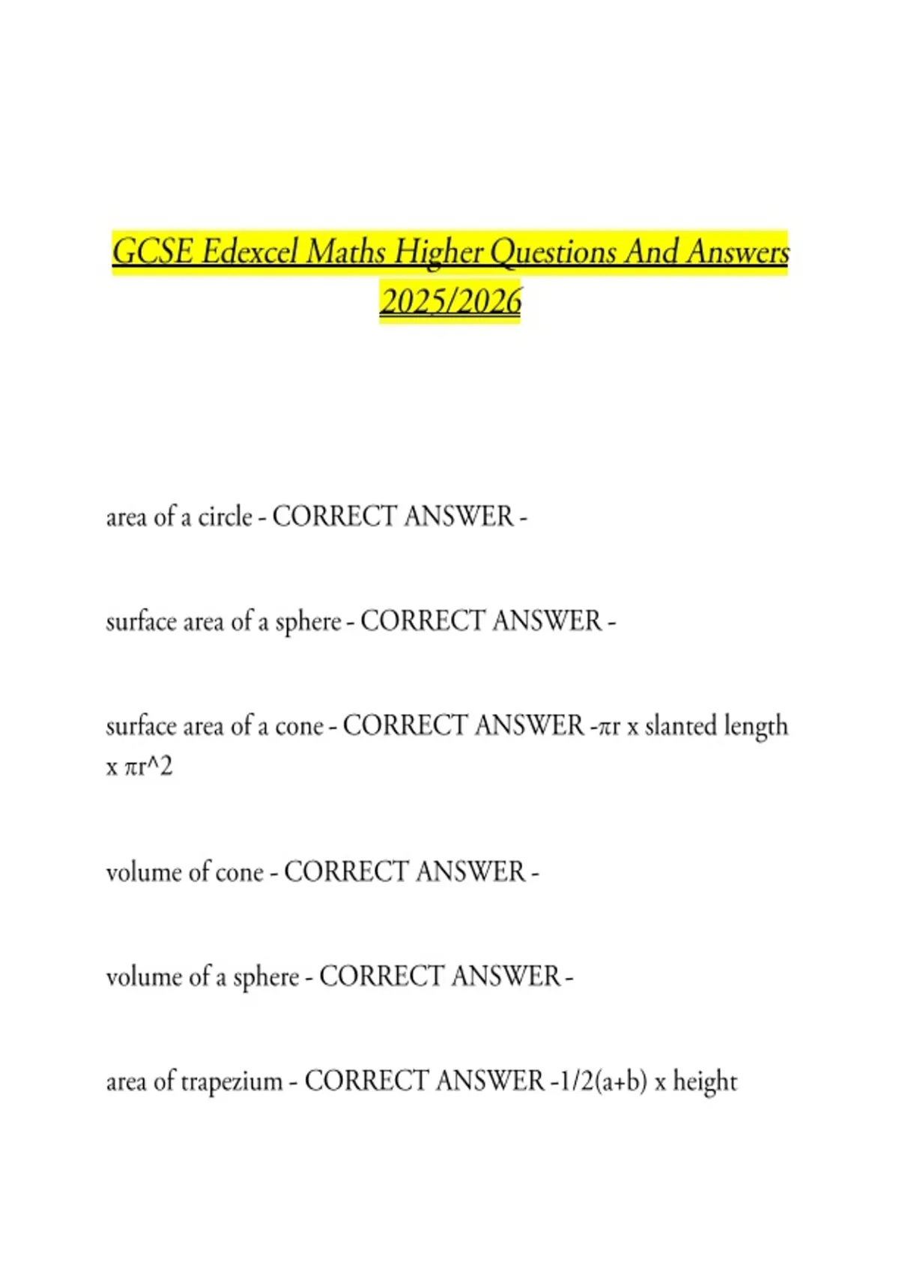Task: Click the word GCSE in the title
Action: [x=152, y=252]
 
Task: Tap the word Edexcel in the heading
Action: [x=249, y=252]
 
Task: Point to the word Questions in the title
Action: [x=553, y=252]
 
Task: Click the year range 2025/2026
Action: [x=450, y=301]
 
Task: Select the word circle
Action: [x=225, y=517]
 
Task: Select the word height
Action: [x=705, y=1082]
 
